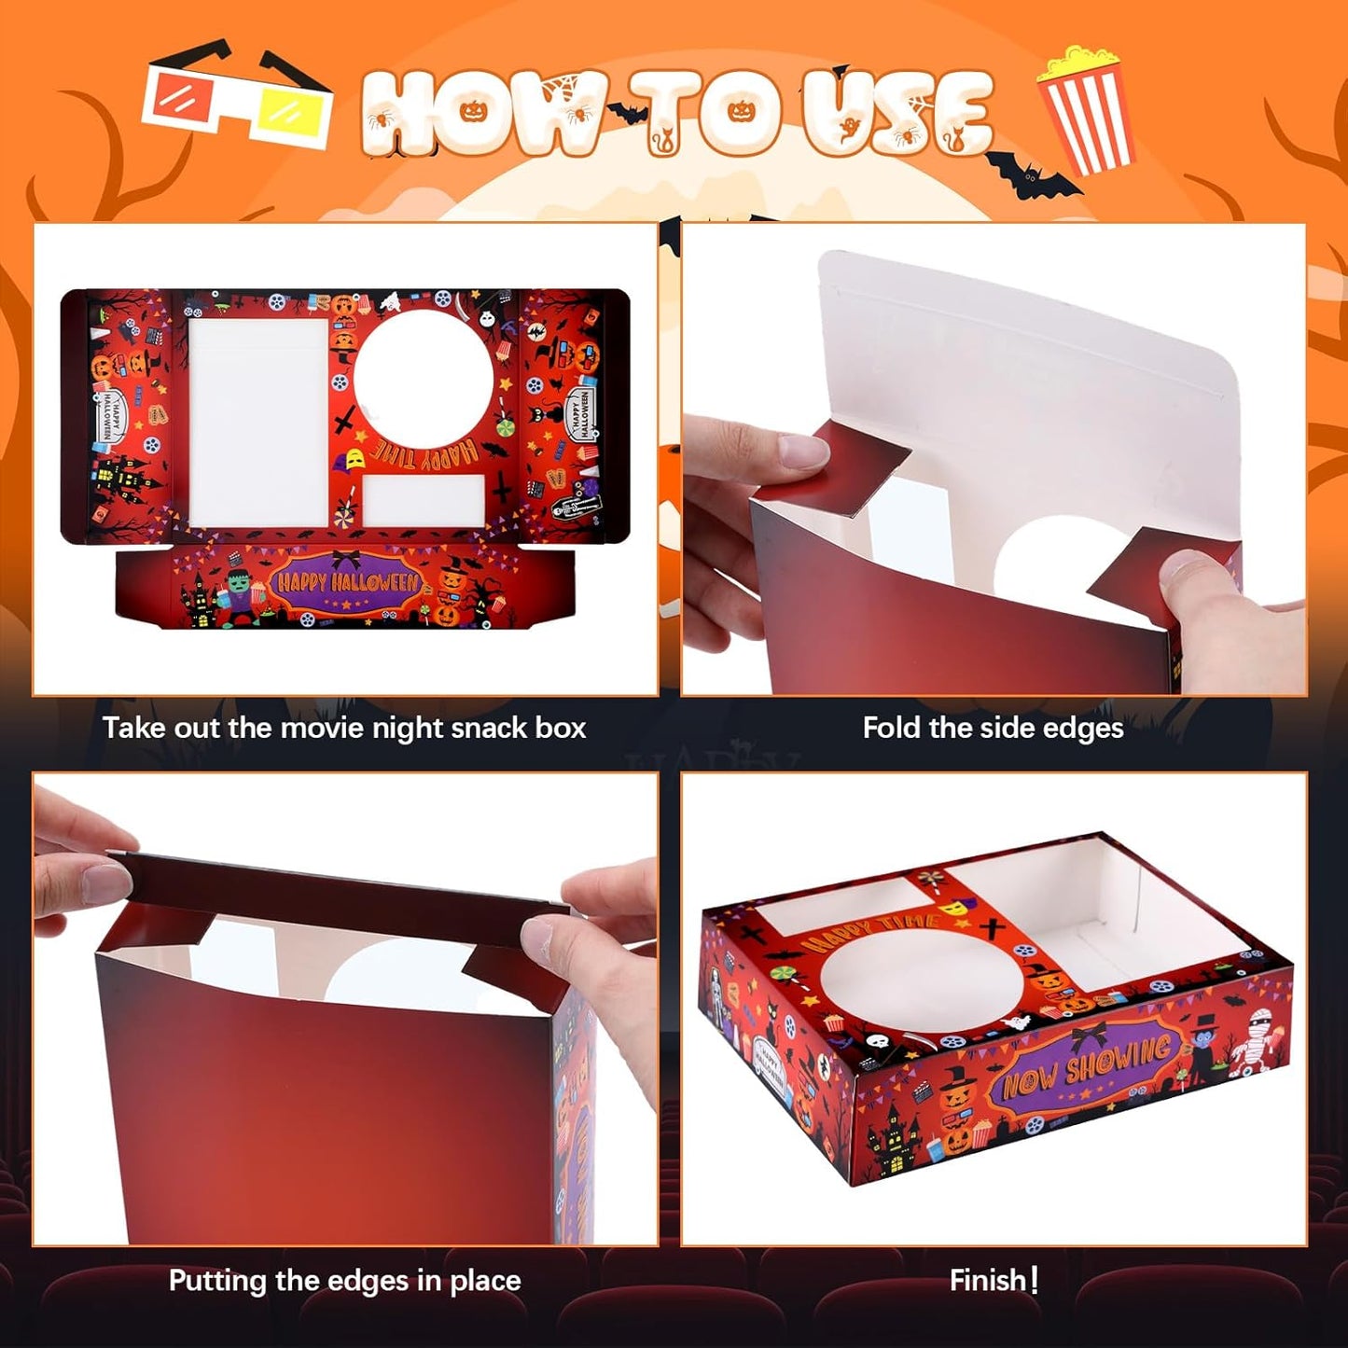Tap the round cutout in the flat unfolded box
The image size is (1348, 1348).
click(423, 378)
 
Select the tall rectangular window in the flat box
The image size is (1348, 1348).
click(258, 423)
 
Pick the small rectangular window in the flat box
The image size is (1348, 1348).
click(424, 501)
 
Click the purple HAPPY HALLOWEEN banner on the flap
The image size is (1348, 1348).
click(347, 585)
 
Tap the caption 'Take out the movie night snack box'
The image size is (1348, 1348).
click(344, 728)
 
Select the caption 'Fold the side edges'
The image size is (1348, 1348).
click(993, 728)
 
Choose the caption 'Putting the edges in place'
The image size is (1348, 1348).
click(344, 1280)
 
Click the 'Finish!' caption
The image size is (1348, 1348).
click(994, 1280)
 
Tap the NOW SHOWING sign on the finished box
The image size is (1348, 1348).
click(1087, 1065)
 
